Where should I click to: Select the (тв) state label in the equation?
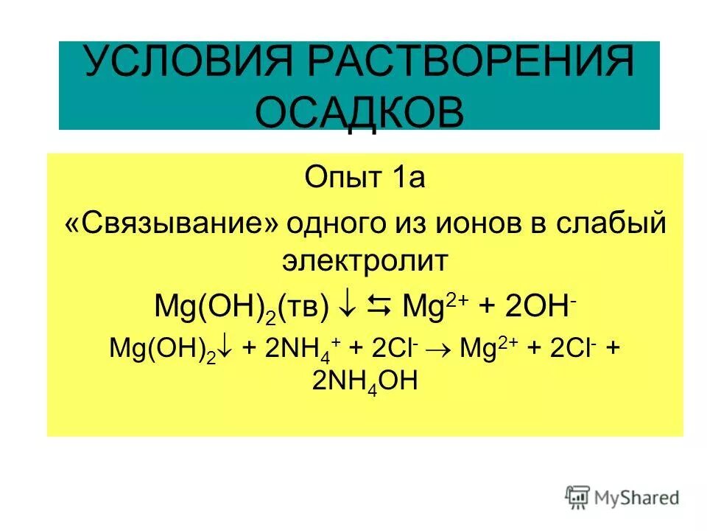tap(304, 307)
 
